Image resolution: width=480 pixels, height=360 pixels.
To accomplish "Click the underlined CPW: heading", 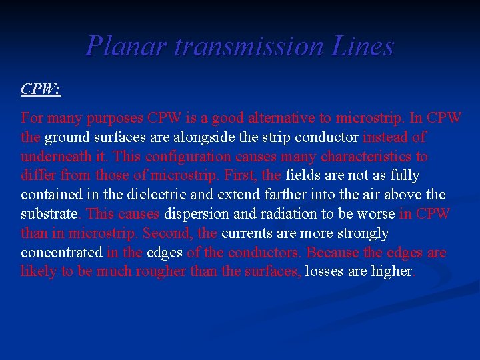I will (x=41, y=89).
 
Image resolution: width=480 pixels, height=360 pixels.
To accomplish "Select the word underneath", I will (x=57, y=157).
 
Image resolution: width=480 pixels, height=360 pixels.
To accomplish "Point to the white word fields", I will (x=303, y=175).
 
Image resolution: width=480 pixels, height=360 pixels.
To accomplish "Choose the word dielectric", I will (x=168, y=195).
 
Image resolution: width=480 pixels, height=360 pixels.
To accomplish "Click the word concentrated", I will (x=61, y=253).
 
